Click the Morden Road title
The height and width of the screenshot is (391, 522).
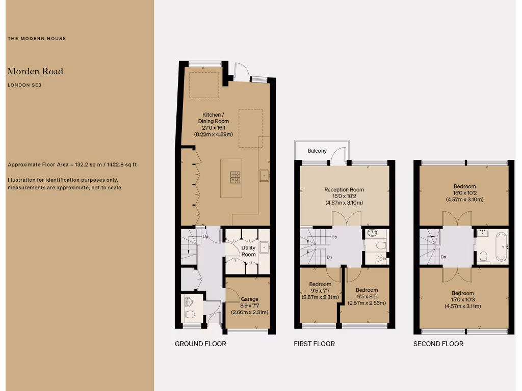coord(35,71)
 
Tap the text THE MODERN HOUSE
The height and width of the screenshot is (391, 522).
coord(37,39)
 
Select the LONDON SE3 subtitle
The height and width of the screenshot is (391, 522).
coord(24,85)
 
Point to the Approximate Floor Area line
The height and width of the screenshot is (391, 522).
coord(72,165)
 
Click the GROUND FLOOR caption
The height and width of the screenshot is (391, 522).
coord(200,344)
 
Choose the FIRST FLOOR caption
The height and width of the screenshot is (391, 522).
coord(314,344)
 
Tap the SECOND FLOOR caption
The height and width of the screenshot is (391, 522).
coord(438,344)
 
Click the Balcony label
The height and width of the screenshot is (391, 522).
coord(317,151)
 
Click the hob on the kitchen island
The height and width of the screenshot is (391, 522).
coord(235,177)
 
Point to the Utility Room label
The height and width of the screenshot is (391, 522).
coord(248,251)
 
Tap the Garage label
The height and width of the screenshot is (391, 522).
coord(249,299)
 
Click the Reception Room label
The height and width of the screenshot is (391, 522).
coord(344,190)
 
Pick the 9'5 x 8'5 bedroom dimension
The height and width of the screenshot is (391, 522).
coord(367,296)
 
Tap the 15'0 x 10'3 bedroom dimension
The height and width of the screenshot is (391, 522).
coord(462,300)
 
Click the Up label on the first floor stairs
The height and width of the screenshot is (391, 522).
coord(334,237)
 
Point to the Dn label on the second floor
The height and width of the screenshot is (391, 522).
coord(443,257)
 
